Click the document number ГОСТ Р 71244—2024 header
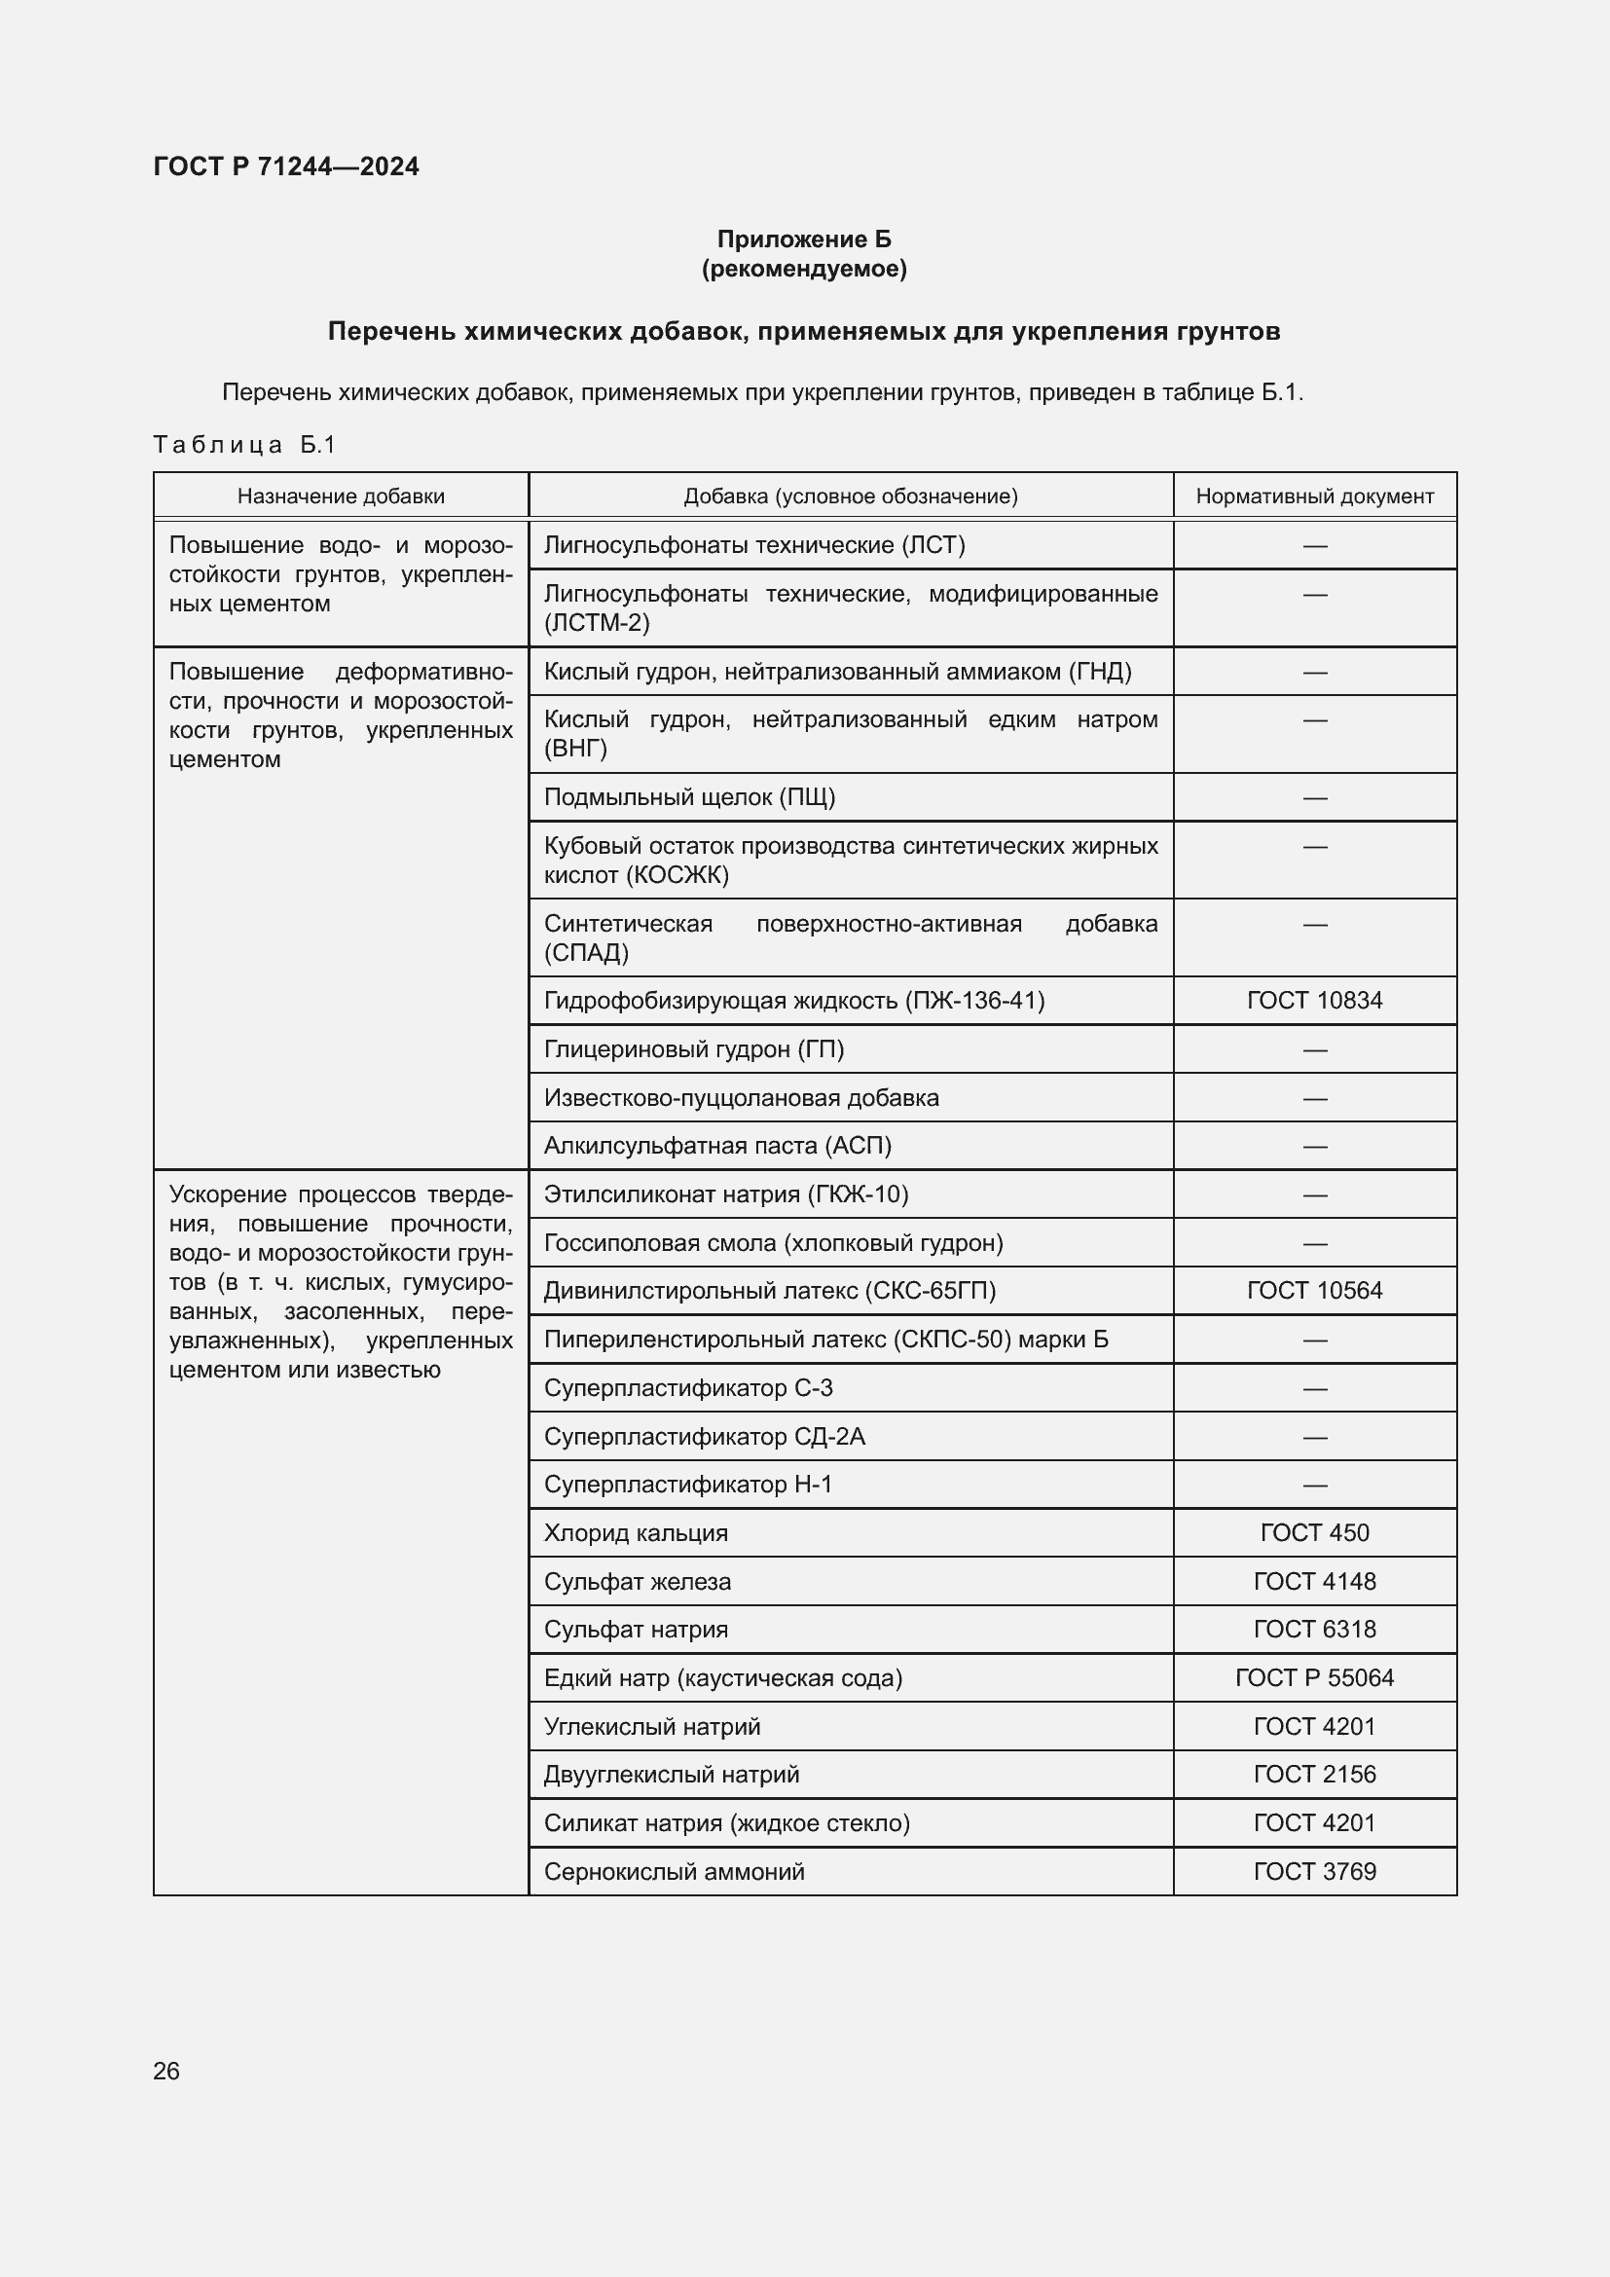pyautogui.click(x=285, y=166)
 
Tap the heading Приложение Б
pyautogui.click(x=804, y=239)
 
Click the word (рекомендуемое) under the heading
pyautogui.click(x=804, y=269)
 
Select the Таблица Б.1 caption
pyautogui.click(x=245, y=444)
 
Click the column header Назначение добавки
pyautogui.click(x=341, y=496)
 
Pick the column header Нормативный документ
pyautogui.click(x=1314, y=496)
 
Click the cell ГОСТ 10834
pyautogui.click(x=1314, y=1001)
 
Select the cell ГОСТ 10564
pyautogui.click(x=1314, y=1290)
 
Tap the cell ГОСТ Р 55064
pyautogui.click(x=1314, y=1678)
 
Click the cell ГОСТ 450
pyautogui.click(x=1314, y=1533)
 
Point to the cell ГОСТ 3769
pyautogui.click(x=1314, y=1871)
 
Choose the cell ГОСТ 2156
pyautogui.click(x=1314, y=1775)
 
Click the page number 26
pyautogui.click(x=166, y=2071)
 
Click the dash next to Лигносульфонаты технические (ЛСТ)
pyautogui.click(x=1314, y=545)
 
